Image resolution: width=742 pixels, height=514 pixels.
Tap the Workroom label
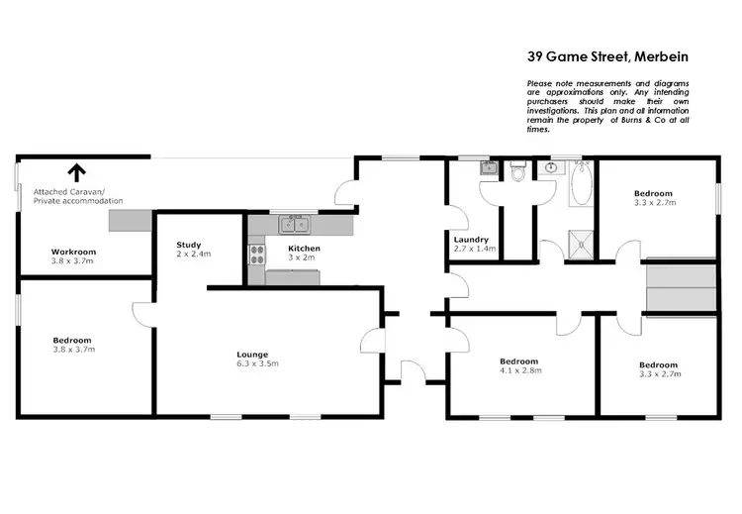72,252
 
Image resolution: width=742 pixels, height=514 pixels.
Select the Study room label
189,245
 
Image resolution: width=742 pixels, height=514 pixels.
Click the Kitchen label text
304,248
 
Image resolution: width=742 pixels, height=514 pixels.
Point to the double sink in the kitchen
291,223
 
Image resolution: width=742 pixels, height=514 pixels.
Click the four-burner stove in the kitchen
257,256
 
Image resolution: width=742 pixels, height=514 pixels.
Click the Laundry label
470,240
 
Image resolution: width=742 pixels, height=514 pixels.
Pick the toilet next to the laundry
516,172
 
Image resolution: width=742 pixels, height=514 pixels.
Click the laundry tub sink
489,168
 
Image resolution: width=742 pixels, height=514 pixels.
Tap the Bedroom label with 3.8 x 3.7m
72,340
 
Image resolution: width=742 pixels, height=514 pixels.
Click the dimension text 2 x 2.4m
193,255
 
